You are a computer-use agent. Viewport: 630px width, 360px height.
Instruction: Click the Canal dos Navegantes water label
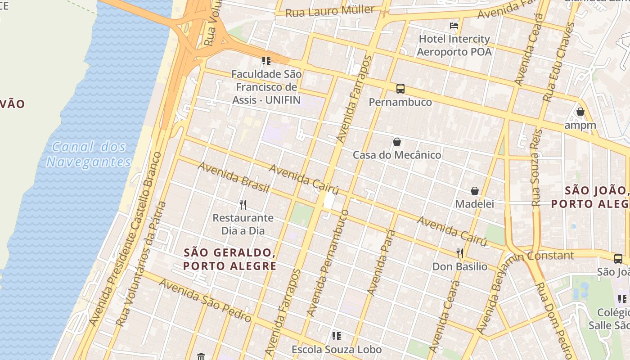[x=89, y=154]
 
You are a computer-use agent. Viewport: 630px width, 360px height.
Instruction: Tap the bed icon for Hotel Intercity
[x=454, y=25]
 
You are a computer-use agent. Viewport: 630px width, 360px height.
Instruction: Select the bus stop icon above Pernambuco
[x=400, y=89]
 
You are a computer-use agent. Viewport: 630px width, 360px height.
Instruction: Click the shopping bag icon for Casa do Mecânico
[x=397, y=142]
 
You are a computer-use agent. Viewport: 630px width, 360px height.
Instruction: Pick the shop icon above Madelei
[x=474, y=191]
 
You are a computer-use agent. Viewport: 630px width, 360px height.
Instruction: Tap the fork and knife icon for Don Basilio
[x=459, y=253]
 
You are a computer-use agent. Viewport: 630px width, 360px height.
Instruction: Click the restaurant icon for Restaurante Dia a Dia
[x=243, y=205]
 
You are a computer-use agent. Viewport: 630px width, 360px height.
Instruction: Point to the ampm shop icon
[x=580, y=112]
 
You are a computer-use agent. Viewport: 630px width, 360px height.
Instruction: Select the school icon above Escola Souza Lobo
[x=336, y=336]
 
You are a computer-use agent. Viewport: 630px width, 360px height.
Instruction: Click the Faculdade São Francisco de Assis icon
[x=266, y=60]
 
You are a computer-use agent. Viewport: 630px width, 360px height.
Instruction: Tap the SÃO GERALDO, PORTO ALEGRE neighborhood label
[x=230, y=259]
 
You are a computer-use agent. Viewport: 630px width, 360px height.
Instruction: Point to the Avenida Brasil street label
[x=233, y=177]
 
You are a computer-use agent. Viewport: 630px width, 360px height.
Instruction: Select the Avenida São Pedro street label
[x=205, y=300]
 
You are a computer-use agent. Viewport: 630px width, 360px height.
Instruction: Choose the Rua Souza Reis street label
[x=536, y=167]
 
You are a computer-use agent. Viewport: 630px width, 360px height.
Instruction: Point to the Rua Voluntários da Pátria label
[x=141, y=264]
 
